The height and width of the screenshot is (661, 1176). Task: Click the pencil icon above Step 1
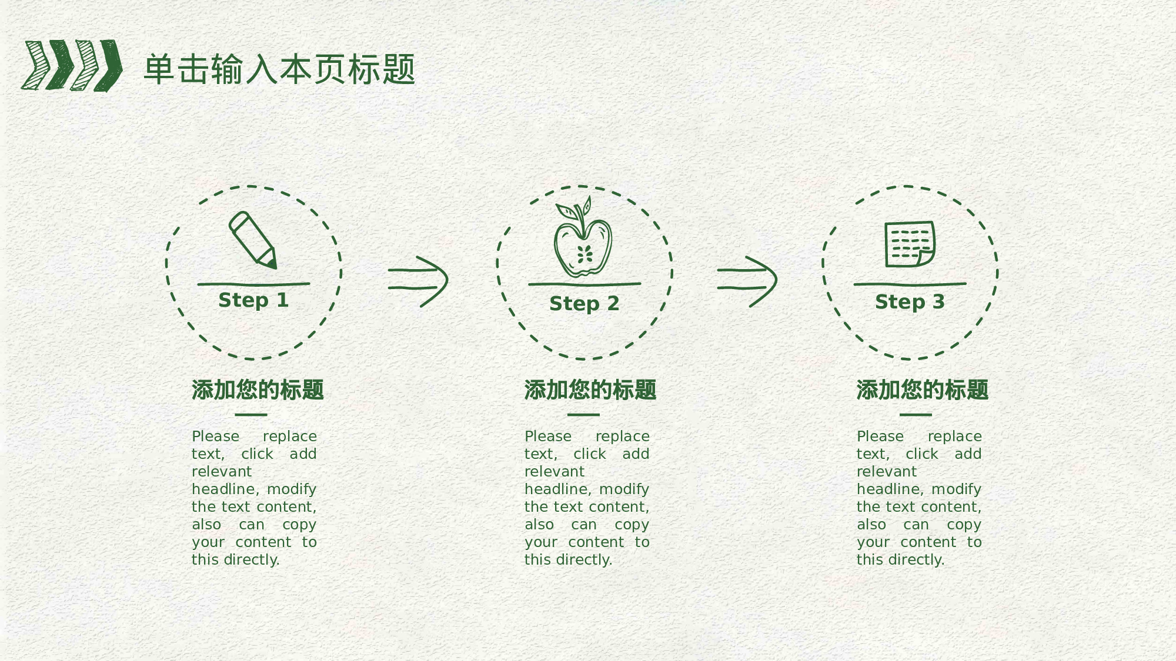tap(252, 240)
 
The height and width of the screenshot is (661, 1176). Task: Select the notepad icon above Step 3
tap(910, 244)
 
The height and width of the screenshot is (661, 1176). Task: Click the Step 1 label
tap(253, 300)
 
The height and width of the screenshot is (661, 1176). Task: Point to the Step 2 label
tap(584, 304)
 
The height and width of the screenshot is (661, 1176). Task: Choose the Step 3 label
tap(910, 302)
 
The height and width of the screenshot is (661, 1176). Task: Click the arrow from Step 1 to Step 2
tap(418, 281)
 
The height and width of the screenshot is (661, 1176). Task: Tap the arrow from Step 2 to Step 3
tap(747, 281)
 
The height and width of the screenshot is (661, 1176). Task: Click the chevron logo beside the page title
tap(72, 65)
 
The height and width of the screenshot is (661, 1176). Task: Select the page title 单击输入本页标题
tap(279, 69)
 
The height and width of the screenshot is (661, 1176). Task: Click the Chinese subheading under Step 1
tap(258, 390)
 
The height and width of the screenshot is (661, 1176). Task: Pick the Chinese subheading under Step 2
tap(590, 390)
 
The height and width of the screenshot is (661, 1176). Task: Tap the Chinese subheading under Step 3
tap(922, 390)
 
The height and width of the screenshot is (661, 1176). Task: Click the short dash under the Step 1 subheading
tap(251, 415)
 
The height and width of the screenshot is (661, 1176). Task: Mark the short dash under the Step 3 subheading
tap(916, 415)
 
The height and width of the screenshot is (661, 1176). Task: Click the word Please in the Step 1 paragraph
tap(215, 437)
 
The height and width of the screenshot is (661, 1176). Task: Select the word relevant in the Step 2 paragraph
tap(554, 472)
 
